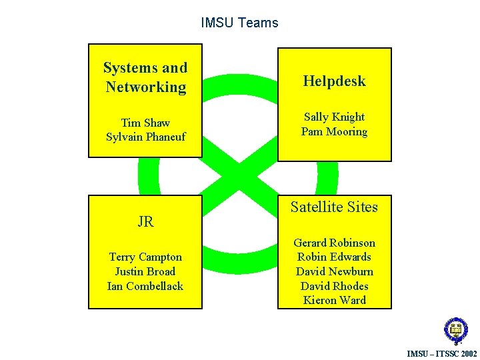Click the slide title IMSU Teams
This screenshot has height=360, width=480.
coord(239,23)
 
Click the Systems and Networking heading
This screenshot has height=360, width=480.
coord(145,77)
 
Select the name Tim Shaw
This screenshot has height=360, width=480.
coord(145,123)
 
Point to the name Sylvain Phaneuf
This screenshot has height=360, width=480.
coord(145,137)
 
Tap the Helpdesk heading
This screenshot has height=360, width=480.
coord(334,81)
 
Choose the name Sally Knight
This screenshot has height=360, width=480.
coord(334,117)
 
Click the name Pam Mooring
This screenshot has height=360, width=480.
coord(334,131)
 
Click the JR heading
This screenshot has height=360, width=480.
coord(145,222)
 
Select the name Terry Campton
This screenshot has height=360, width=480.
coord(145,257)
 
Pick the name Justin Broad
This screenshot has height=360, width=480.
coord(145,271)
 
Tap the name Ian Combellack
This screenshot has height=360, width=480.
coord(145,286)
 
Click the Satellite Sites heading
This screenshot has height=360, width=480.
coord(334,207)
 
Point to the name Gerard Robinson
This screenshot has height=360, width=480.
coord(334,243)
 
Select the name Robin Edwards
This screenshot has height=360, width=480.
coord(334,257)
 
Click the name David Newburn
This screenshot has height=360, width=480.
coord(334,271)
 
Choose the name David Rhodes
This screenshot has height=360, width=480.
coord(334,286)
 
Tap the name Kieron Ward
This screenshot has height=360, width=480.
coord(334,300)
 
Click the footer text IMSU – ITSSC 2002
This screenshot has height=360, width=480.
coord(442,353)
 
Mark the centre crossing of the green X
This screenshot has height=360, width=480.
coord(239,177)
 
